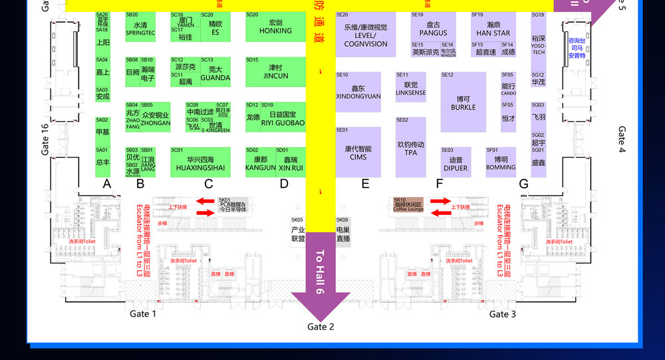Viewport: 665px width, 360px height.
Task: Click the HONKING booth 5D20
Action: click(x=275, y=27)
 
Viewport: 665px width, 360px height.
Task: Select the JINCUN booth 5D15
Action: click(x=275, y=72)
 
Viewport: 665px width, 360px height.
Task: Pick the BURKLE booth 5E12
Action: click(x=463, y=102)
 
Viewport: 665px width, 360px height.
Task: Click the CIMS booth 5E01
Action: click(x=358, y=152)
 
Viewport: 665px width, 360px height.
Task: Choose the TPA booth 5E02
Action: click(x=410, y=147)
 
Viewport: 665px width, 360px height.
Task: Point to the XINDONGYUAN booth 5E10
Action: click(x=358, y=92)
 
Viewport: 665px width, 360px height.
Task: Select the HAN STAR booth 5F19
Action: click(x=493, y=28)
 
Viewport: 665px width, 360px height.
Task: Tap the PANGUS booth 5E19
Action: click(x=433, y=28)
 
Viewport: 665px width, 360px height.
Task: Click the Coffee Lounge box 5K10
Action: click(x=408, y=205)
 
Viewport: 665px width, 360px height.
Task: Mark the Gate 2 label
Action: click(x=321, y=327)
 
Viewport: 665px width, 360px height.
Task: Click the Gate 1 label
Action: click(x=142, y=314)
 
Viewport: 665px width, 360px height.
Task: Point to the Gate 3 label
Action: click(x=503, y=314)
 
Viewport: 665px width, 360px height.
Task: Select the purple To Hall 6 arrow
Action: click(x=321, y=273)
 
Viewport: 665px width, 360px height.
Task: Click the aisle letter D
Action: click(x=284, y=184)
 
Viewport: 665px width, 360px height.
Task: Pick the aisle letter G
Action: click(x=523, y=184)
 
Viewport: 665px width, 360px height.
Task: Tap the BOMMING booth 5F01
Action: click(x=501, y=163)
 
